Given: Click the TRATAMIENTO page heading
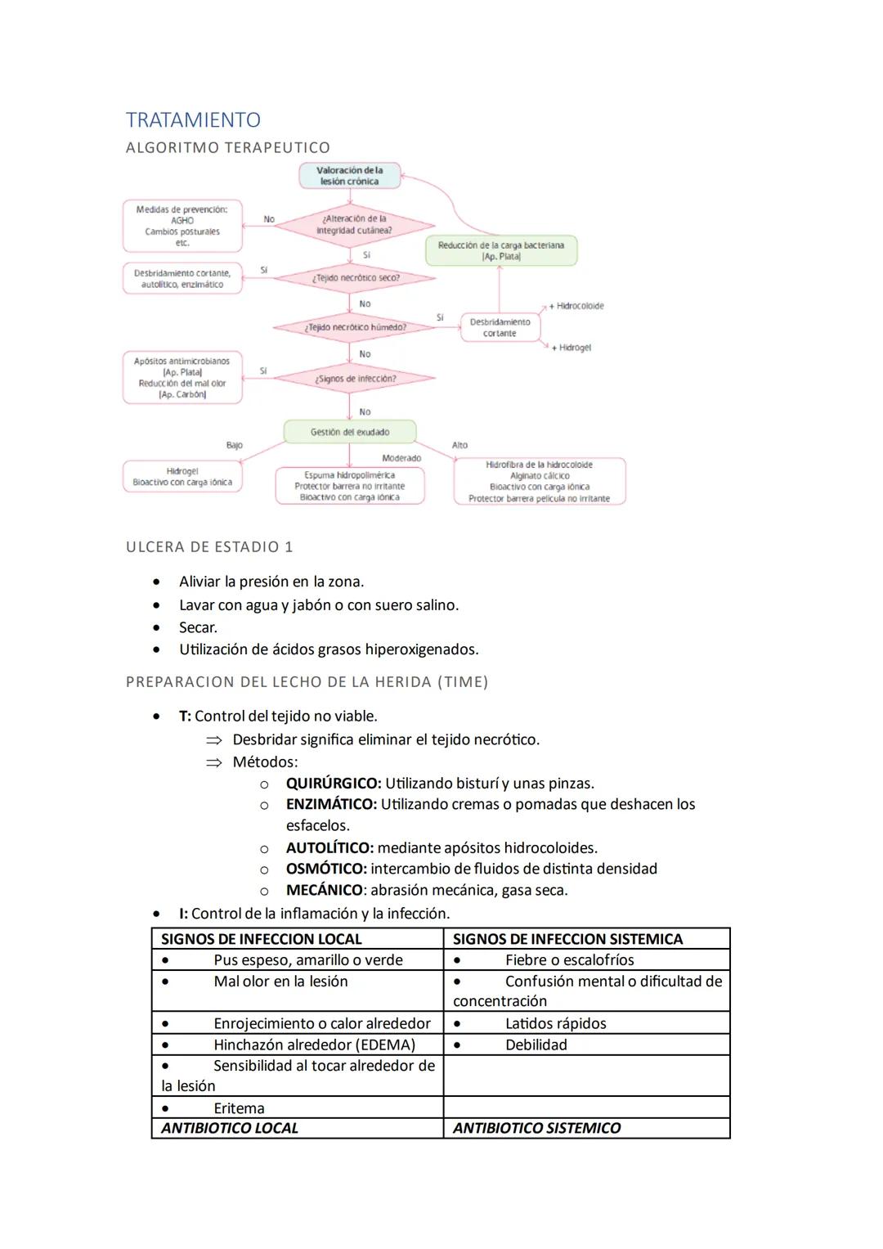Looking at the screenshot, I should click(193, 120).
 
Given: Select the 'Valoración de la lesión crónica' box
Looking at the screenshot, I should click(349, 176).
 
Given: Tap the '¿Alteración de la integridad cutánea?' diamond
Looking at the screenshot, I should click(353, 225).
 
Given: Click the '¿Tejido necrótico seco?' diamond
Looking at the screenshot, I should click(355, 278).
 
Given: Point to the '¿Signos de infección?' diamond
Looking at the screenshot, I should click(355, 379).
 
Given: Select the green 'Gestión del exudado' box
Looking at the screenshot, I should click(350, 432).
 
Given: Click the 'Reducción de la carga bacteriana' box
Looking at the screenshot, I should click(500, 250).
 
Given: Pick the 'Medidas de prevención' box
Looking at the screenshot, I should click(182, 226).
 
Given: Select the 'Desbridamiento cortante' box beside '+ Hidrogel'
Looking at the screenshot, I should click(500, 327).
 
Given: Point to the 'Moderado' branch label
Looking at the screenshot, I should click(401, 458).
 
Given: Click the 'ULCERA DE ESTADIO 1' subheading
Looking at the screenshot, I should click(209, 546).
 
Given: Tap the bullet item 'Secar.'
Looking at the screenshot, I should click(198, 627).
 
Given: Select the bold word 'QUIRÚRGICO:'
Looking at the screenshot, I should click(333, 783).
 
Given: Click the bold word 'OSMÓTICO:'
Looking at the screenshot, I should click(325, 869).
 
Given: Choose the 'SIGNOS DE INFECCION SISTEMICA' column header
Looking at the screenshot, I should click(567, 939).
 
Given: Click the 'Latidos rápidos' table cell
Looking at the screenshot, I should click(555, 1023).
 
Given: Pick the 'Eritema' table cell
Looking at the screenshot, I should click(239, 1108).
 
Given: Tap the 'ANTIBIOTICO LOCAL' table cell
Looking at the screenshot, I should click(230, 1128).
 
